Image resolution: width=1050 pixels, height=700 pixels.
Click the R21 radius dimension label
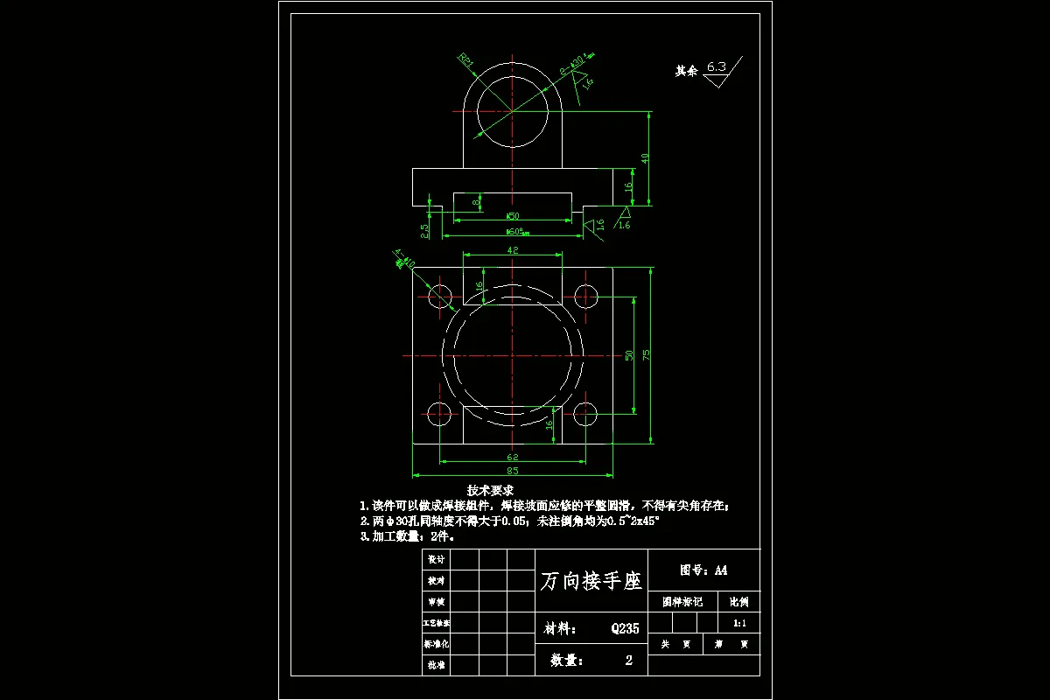[x=466, y=61]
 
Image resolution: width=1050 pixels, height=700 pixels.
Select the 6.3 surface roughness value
[x=717, y=66]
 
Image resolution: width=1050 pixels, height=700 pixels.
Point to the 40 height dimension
[x=645, y=158]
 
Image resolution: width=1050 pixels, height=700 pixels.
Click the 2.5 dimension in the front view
[x=424, y=230]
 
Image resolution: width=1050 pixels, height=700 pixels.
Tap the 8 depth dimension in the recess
[x=476, y=203]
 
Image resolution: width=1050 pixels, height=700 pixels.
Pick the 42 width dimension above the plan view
[x=514, y=250]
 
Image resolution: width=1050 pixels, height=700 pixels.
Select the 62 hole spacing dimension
[x=513, y=457]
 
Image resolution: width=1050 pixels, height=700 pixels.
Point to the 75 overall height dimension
[x=646, y=354]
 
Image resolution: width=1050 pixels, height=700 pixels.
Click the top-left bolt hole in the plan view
[x=440, y=296]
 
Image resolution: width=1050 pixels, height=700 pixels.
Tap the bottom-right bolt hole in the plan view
[x=586, y=415]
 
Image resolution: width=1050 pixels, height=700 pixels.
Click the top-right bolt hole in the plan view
[x=586, y=296]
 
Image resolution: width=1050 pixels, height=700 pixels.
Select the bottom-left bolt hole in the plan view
[x=440, y=415]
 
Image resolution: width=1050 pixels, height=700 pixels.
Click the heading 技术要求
[x=490, y=490]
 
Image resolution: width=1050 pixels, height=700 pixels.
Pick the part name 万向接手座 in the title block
[x=591, y=581]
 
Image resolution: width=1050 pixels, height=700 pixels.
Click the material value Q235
[x=625, y=628]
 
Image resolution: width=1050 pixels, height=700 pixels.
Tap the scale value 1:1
[x=738, y=623]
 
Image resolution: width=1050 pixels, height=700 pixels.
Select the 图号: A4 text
[x=703, y=570]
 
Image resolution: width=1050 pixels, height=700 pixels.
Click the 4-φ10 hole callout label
[x=404, y=259]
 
